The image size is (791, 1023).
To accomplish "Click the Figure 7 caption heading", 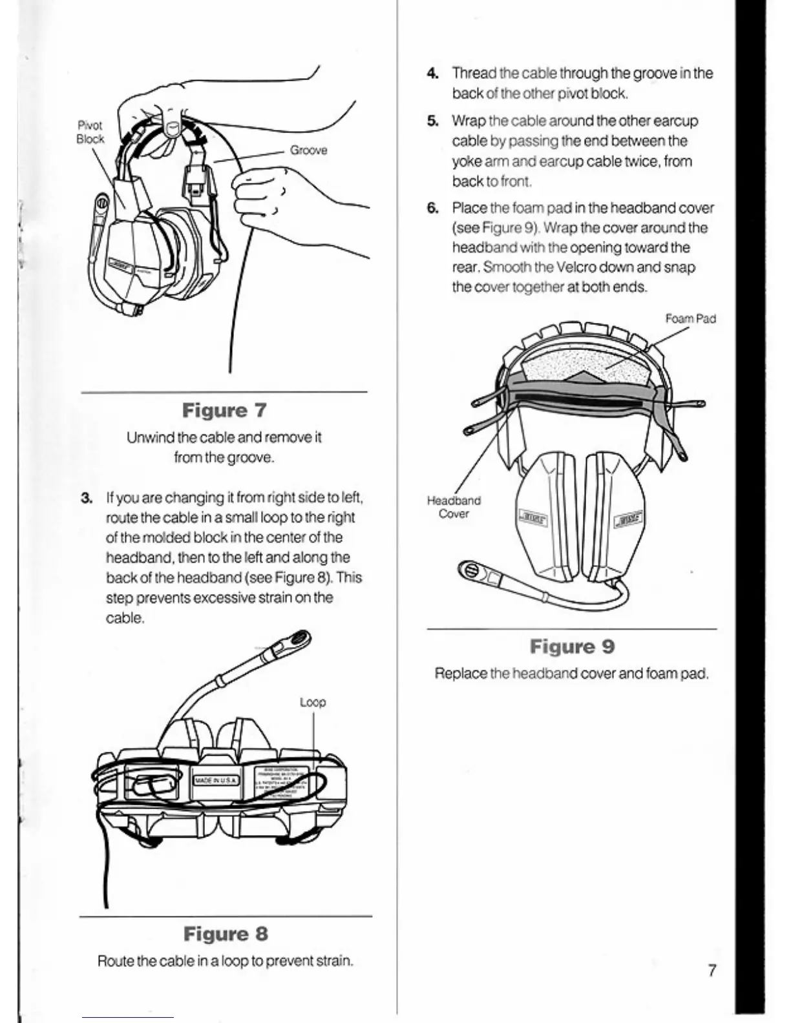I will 224,411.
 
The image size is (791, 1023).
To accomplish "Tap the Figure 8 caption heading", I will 225,934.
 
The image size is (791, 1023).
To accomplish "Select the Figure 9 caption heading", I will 572,646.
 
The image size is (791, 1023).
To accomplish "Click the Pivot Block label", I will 90,132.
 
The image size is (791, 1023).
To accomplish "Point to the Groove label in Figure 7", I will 308,150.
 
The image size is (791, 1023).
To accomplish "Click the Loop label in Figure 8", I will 313,702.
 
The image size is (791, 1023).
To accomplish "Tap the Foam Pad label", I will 690,318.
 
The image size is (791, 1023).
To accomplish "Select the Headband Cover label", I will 454,507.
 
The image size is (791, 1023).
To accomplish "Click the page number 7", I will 712,971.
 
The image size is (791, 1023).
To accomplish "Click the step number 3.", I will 87,498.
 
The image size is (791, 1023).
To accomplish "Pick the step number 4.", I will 433,74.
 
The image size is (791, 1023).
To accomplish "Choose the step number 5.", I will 433,121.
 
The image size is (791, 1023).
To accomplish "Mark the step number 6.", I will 433,208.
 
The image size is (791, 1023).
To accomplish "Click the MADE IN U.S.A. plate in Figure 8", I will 216,781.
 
